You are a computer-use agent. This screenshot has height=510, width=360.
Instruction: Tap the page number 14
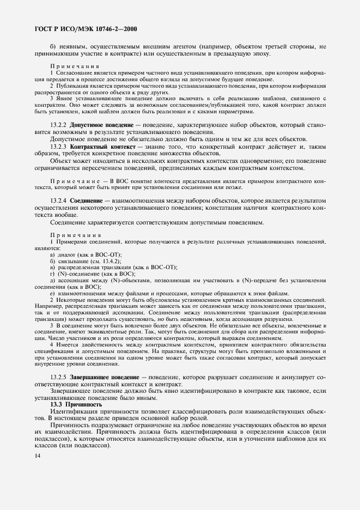tap(29, 452)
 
